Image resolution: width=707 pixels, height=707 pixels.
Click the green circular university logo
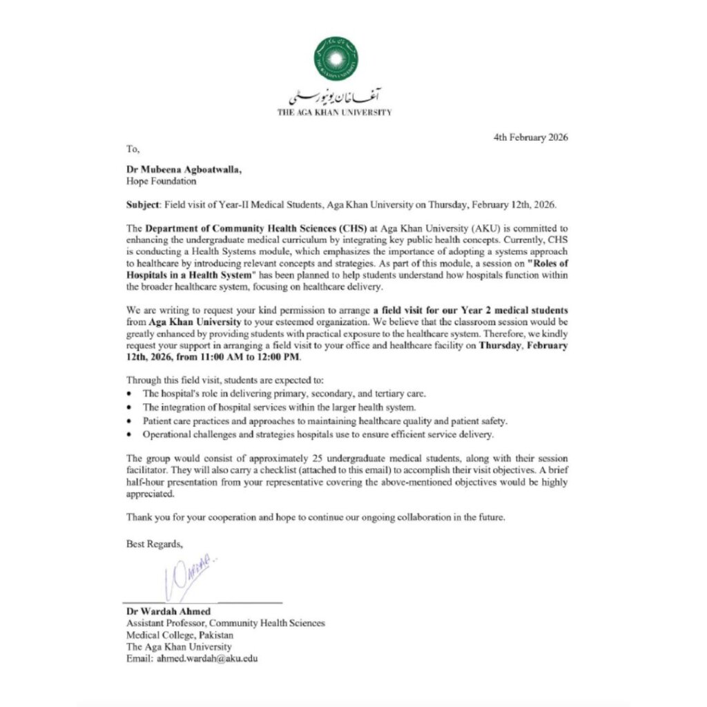(x=336, y=57)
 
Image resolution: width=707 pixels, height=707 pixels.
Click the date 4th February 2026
(x=530, y=137)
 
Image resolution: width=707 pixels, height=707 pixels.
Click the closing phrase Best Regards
(x=154, y=543)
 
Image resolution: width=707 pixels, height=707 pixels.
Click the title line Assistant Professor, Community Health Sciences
(x=225, y=623)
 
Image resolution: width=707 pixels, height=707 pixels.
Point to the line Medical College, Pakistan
(x=180, y=635)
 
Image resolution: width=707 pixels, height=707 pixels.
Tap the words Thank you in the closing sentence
(x=146, y=516)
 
